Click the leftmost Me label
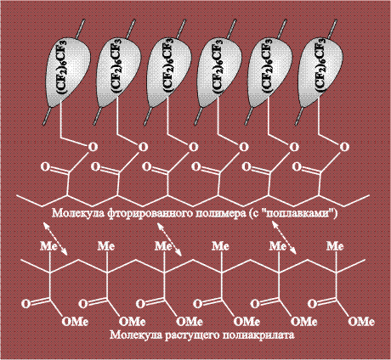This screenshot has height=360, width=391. [48, 246]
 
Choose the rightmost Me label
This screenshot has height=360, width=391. [335, 246]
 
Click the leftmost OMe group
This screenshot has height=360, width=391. [75, 322]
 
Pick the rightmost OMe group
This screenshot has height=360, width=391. [361, 322]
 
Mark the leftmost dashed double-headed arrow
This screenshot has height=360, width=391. [55, 239]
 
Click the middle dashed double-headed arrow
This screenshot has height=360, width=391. [169, 239]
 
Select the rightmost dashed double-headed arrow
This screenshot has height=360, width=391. [284, 239]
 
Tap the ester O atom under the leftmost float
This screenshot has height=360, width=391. [93, 147]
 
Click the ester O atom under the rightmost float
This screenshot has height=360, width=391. [344, 147]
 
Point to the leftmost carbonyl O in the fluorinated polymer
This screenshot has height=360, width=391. [45, 166]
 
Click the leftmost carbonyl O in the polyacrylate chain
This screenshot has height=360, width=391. [26, 304]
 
